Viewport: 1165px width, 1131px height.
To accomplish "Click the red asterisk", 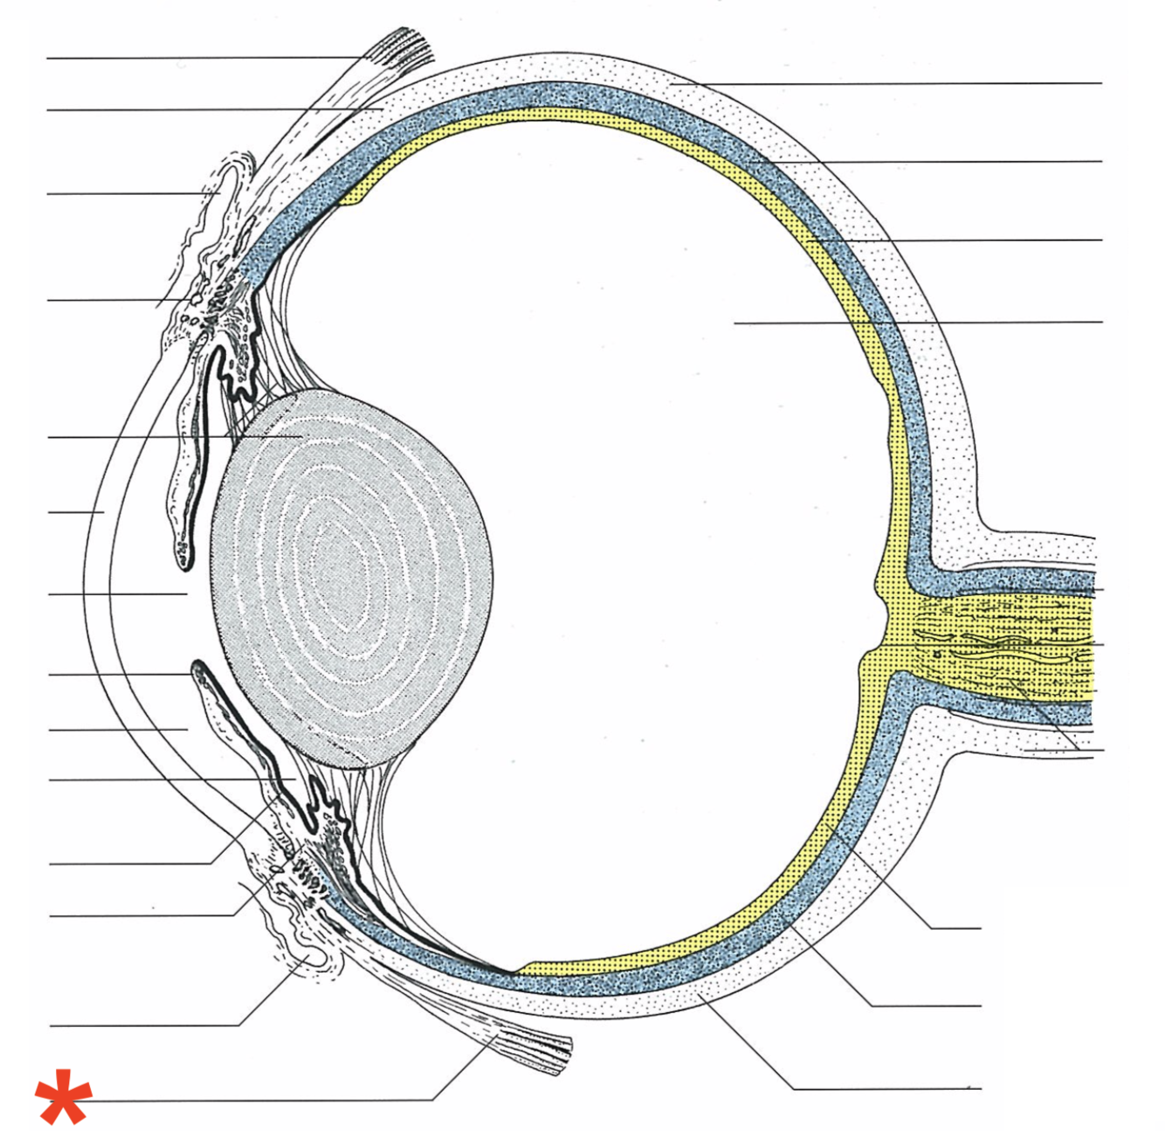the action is coord(62,1095).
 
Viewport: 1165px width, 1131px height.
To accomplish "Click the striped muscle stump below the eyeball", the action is coord(533,1049).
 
